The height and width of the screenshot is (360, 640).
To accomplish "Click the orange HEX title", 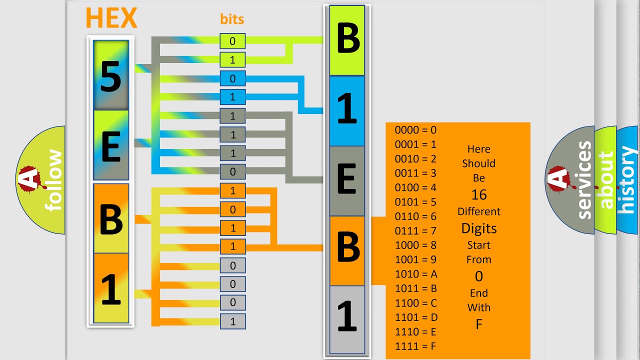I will tap(111, 18).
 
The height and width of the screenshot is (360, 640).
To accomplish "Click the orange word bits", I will tap(232, 19).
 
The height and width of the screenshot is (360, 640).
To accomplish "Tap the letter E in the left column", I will tap(111, 145).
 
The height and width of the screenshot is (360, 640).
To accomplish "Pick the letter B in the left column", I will tap(111, 218).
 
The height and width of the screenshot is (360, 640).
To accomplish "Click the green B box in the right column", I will tap(347, 40).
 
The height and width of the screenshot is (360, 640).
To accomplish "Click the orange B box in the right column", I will tap(347, 250).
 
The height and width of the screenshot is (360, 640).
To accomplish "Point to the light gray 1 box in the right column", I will tap(347, 318).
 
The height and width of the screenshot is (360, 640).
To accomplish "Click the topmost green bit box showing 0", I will tap(232, 41).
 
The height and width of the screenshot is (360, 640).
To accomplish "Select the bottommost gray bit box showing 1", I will tap(232, 321).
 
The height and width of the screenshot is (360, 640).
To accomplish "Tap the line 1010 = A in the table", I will tap(416, 274).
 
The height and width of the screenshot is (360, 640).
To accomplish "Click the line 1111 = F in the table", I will tap(416, 346).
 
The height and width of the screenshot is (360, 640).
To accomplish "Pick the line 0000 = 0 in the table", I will tap(415, 130).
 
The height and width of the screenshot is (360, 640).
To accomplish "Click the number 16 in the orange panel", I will tap(478, 194).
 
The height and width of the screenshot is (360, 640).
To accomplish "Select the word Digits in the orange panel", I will tap(478, 228).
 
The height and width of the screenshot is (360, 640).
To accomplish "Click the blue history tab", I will tap(627, 180).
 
